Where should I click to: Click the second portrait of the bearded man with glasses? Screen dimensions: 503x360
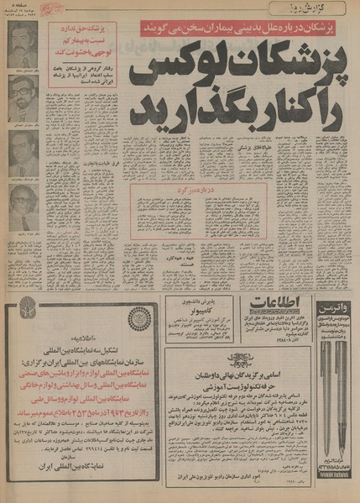[x=23, y=100]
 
